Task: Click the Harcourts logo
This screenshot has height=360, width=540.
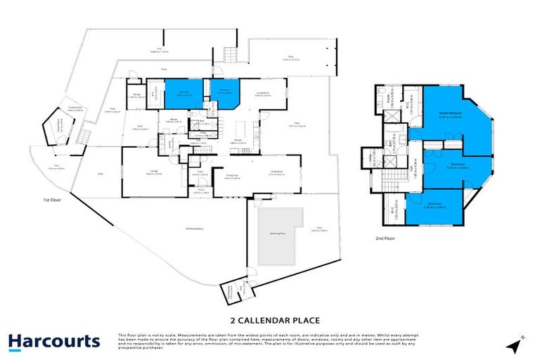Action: coord(54,342)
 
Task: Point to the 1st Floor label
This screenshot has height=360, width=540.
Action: coord(51,200)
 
